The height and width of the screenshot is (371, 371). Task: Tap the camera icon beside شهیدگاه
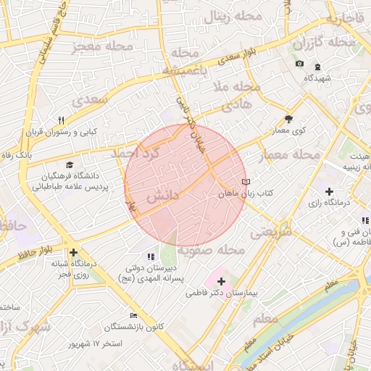coord(299,64)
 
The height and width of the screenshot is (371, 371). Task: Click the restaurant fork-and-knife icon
coord(62,121)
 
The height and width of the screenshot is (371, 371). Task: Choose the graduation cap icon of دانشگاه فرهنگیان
coord(70,165)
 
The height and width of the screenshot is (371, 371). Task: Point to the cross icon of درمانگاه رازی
coord(330,191)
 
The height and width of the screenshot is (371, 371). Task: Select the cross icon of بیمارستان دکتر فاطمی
coord(221,280)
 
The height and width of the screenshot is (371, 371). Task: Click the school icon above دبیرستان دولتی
coord(151,256)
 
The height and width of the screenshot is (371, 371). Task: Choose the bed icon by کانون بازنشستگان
coord(133,315)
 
